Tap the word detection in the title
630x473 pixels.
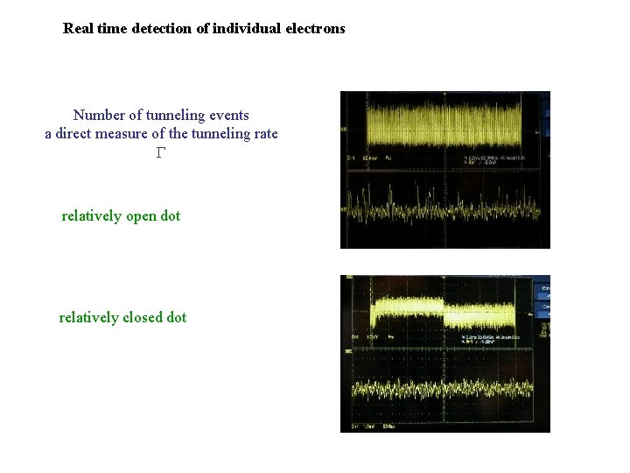coord(159,28)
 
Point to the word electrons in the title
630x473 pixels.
coord(315,28)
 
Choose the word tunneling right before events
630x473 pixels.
coord(173,115)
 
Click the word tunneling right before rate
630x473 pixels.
coord(219,134)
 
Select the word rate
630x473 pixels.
coord(264,134)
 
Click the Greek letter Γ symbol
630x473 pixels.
coord(161,153)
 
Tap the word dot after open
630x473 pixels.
coord(171,215)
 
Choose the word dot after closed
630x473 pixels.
coord(176,317)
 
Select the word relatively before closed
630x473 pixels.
coord(87,317)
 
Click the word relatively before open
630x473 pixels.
coord(91,215)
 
